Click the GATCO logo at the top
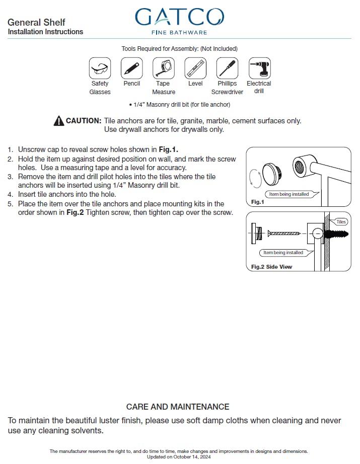point(179,17)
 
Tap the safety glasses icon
point(100,68)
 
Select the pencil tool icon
point(131,68)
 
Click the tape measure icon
point(163,68)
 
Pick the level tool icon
point(195,68)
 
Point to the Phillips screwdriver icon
point(227,68)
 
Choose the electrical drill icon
point(259,68)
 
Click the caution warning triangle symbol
point(58,121)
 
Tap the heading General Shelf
point(36,23)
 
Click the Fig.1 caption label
point(257,202)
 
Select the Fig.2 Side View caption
point(271,266)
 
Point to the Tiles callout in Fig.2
point(341,222)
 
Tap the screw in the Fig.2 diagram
point(284,234)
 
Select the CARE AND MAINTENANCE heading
point(178,407)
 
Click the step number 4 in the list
point(10,194)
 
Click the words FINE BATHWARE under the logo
point(179,32)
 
